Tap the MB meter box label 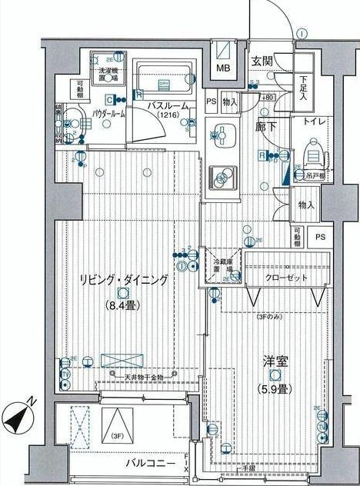(222, 68)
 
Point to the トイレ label (313, 121)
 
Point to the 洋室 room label (274, 360)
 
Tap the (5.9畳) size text (274, 388)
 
